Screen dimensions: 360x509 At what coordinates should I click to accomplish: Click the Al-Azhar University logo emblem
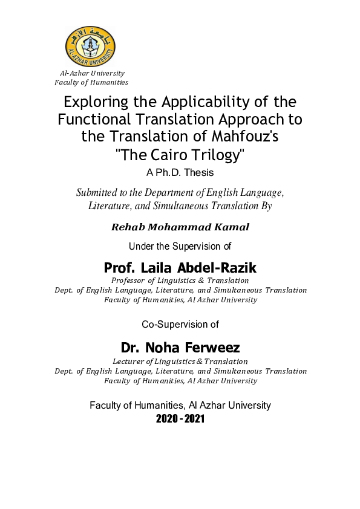[90, 47]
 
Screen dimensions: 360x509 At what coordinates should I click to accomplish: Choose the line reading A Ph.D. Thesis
[180, 172]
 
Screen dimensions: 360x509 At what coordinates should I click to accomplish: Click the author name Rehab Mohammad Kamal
[180, 227]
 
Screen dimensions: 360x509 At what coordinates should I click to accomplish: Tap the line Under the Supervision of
[180, 245]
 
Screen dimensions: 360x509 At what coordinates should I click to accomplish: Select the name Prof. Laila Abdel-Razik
[180, 267]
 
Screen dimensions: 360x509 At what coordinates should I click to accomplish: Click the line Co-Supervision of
[180, 324]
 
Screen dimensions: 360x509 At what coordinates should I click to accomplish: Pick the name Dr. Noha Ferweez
[180, 348]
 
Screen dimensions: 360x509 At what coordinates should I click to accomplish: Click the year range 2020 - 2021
[180, 418]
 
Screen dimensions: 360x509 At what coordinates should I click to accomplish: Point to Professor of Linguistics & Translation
[180, 280]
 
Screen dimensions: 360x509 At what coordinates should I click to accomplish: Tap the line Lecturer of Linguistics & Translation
[180, 361]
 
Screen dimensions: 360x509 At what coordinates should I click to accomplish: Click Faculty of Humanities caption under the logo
[91, 83]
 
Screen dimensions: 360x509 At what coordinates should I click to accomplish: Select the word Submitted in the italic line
[99, 193]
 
